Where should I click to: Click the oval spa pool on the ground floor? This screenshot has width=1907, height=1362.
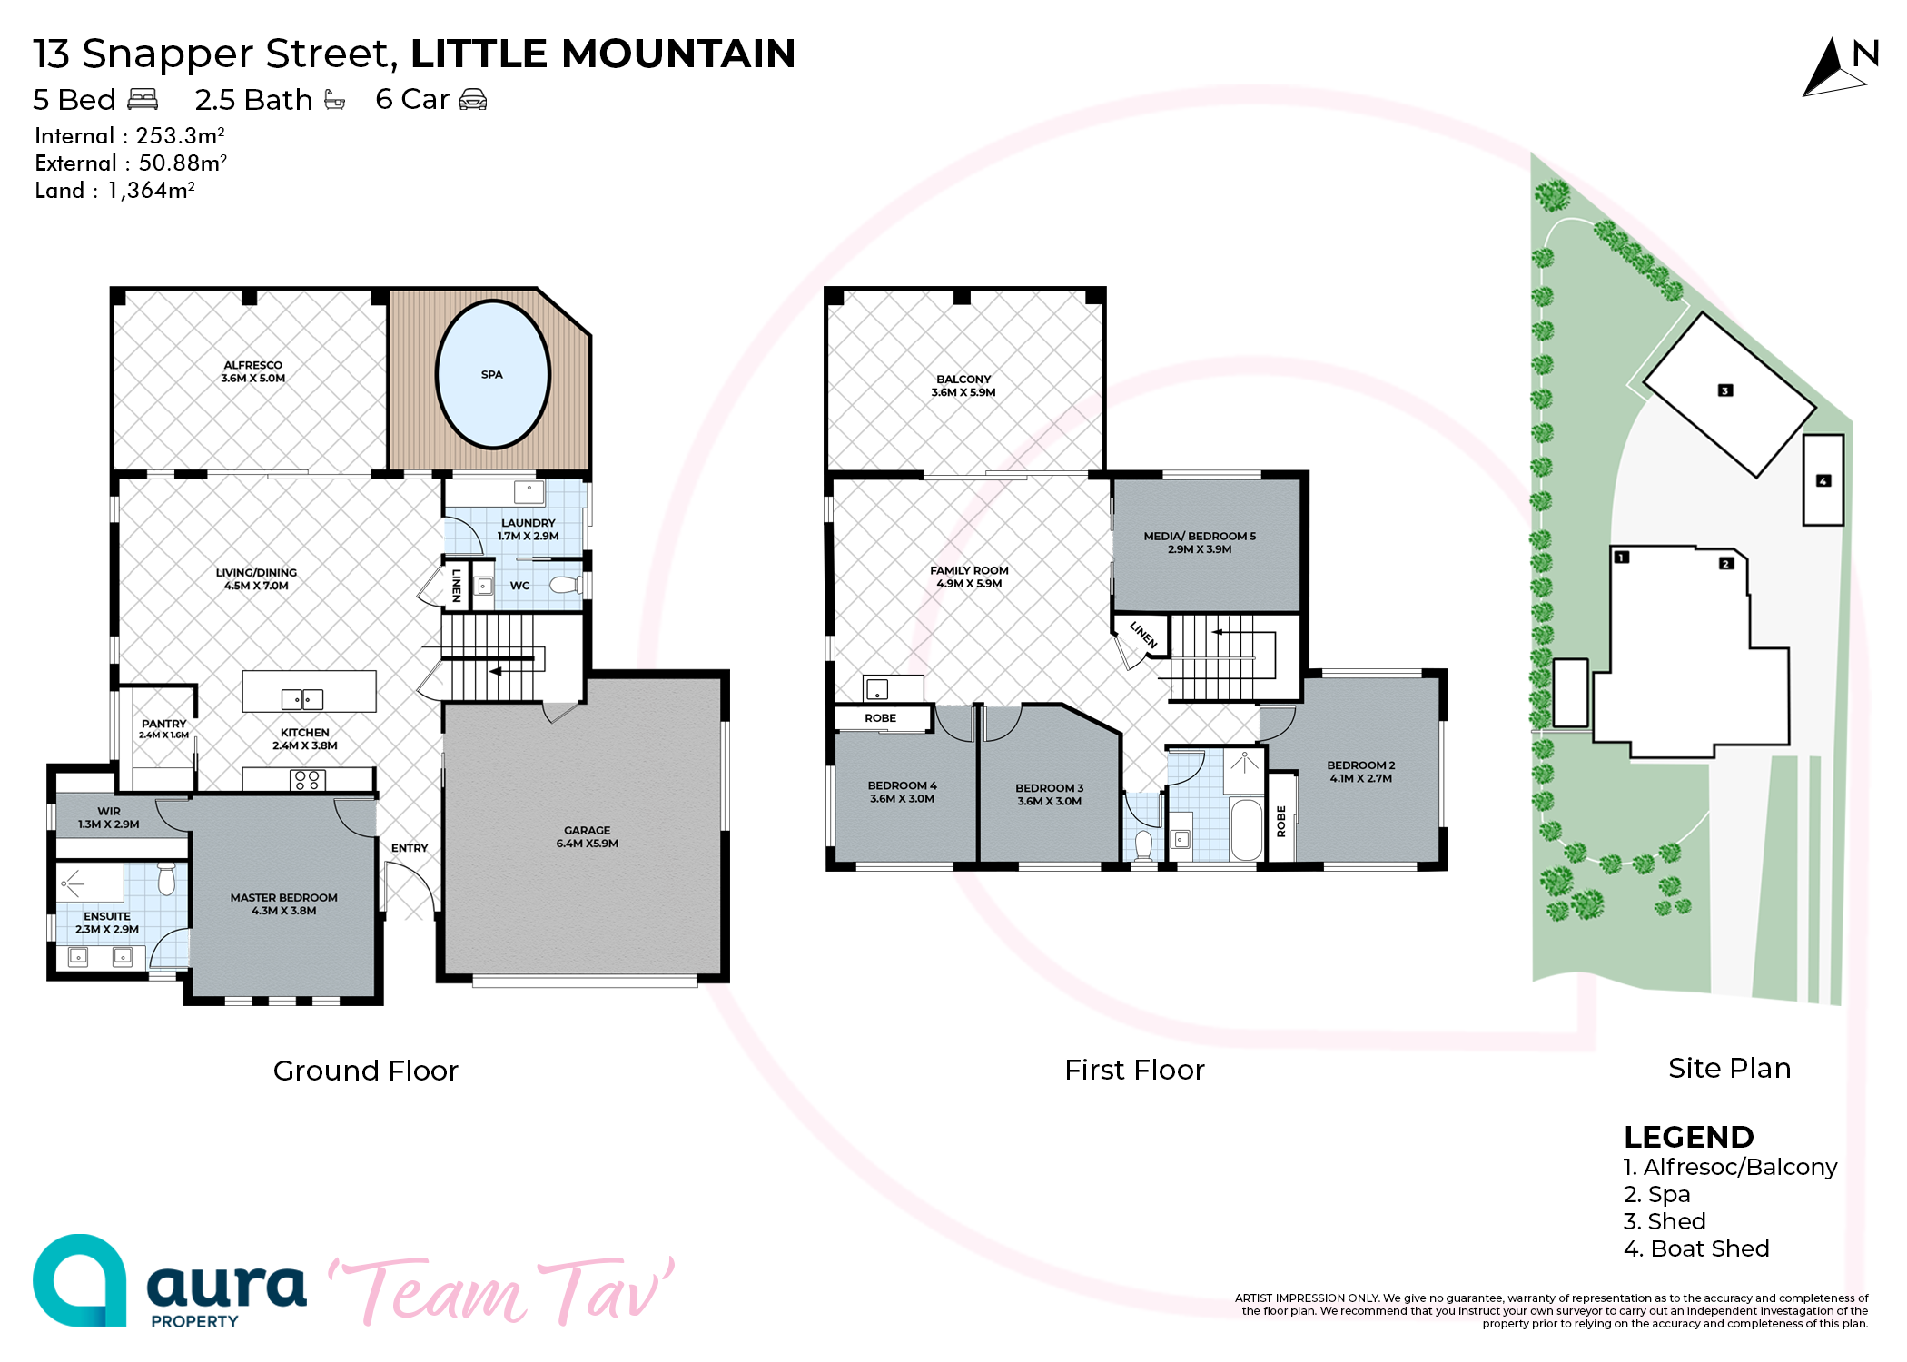493,374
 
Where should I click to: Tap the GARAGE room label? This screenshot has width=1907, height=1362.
587,830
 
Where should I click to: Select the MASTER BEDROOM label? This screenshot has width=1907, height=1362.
283,897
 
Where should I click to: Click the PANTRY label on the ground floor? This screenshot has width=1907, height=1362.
163,724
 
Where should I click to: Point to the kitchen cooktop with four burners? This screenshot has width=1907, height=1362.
307,780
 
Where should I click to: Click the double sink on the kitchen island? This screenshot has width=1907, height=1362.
302,699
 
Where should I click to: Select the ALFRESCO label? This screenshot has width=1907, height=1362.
252,365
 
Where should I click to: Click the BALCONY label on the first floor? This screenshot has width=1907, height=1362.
963,379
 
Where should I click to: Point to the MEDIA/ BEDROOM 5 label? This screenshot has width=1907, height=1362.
1200,536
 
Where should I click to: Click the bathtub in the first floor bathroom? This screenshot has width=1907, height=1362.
1247,829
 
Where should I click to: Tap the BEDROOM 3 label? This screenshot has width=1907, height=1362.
1049,788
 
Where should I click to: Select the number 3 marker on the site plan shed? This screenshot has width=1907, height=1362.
1725,390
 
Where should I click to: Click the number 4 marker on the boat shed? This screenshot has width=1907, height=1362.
1823,480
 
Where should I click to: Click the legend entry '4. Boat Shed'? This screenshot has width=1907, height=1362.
1696,1248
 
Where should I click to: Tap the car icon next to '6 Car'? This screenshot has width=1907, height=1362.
473,99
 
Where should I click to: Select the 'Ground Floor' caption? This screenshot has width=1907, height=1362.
365,1071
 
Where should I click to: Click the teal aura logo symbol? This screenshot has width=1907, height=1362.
80,1280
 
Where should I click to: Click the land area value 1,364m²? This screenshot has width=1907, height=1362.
151,190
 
